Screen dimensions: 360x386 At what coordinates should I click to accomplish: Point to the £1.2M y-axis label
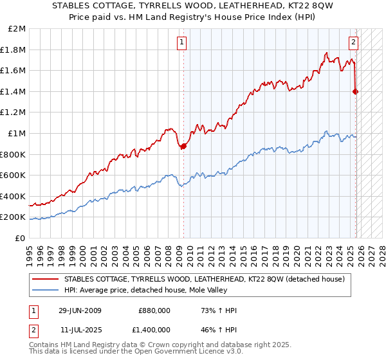click(14, 113)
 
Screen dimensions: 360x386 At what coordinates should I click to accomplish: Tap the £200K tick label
click(13, 217)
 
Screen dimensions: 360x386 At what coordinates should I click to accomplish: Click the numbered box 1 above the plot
click(183, 43)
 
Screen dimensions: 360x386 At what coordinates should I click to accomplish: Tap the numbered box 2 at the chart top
click(354, 43)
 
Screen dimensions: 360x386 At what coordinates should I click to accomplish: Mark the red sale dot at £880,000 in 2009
click(183, 146)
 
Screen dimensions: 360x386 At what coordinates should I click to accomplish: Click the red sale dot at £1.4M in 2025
click(355, 91)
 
